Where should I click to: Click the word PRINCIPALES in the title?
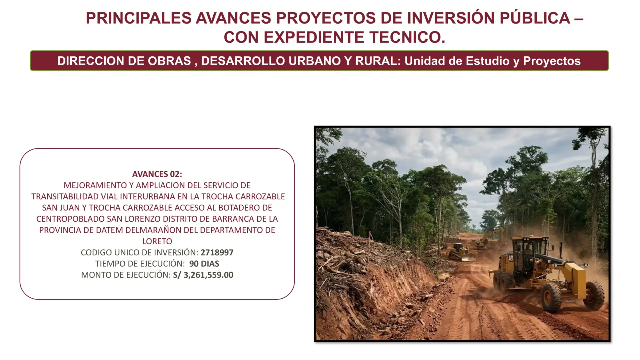coord(139,18)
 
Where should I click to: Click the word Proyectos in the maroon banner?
coord(552,61)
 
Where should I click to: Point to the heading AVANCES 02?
coord(157,174)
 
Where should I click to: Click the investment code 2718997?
coord(217,252)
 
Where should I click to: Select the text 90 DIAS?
coord(204,264)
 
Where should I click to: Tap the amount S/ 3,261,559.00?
coord(203,275)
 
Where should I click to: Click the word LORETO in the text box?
coord(157,241)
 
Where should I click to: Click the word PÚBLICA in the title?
coord(535,18)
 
